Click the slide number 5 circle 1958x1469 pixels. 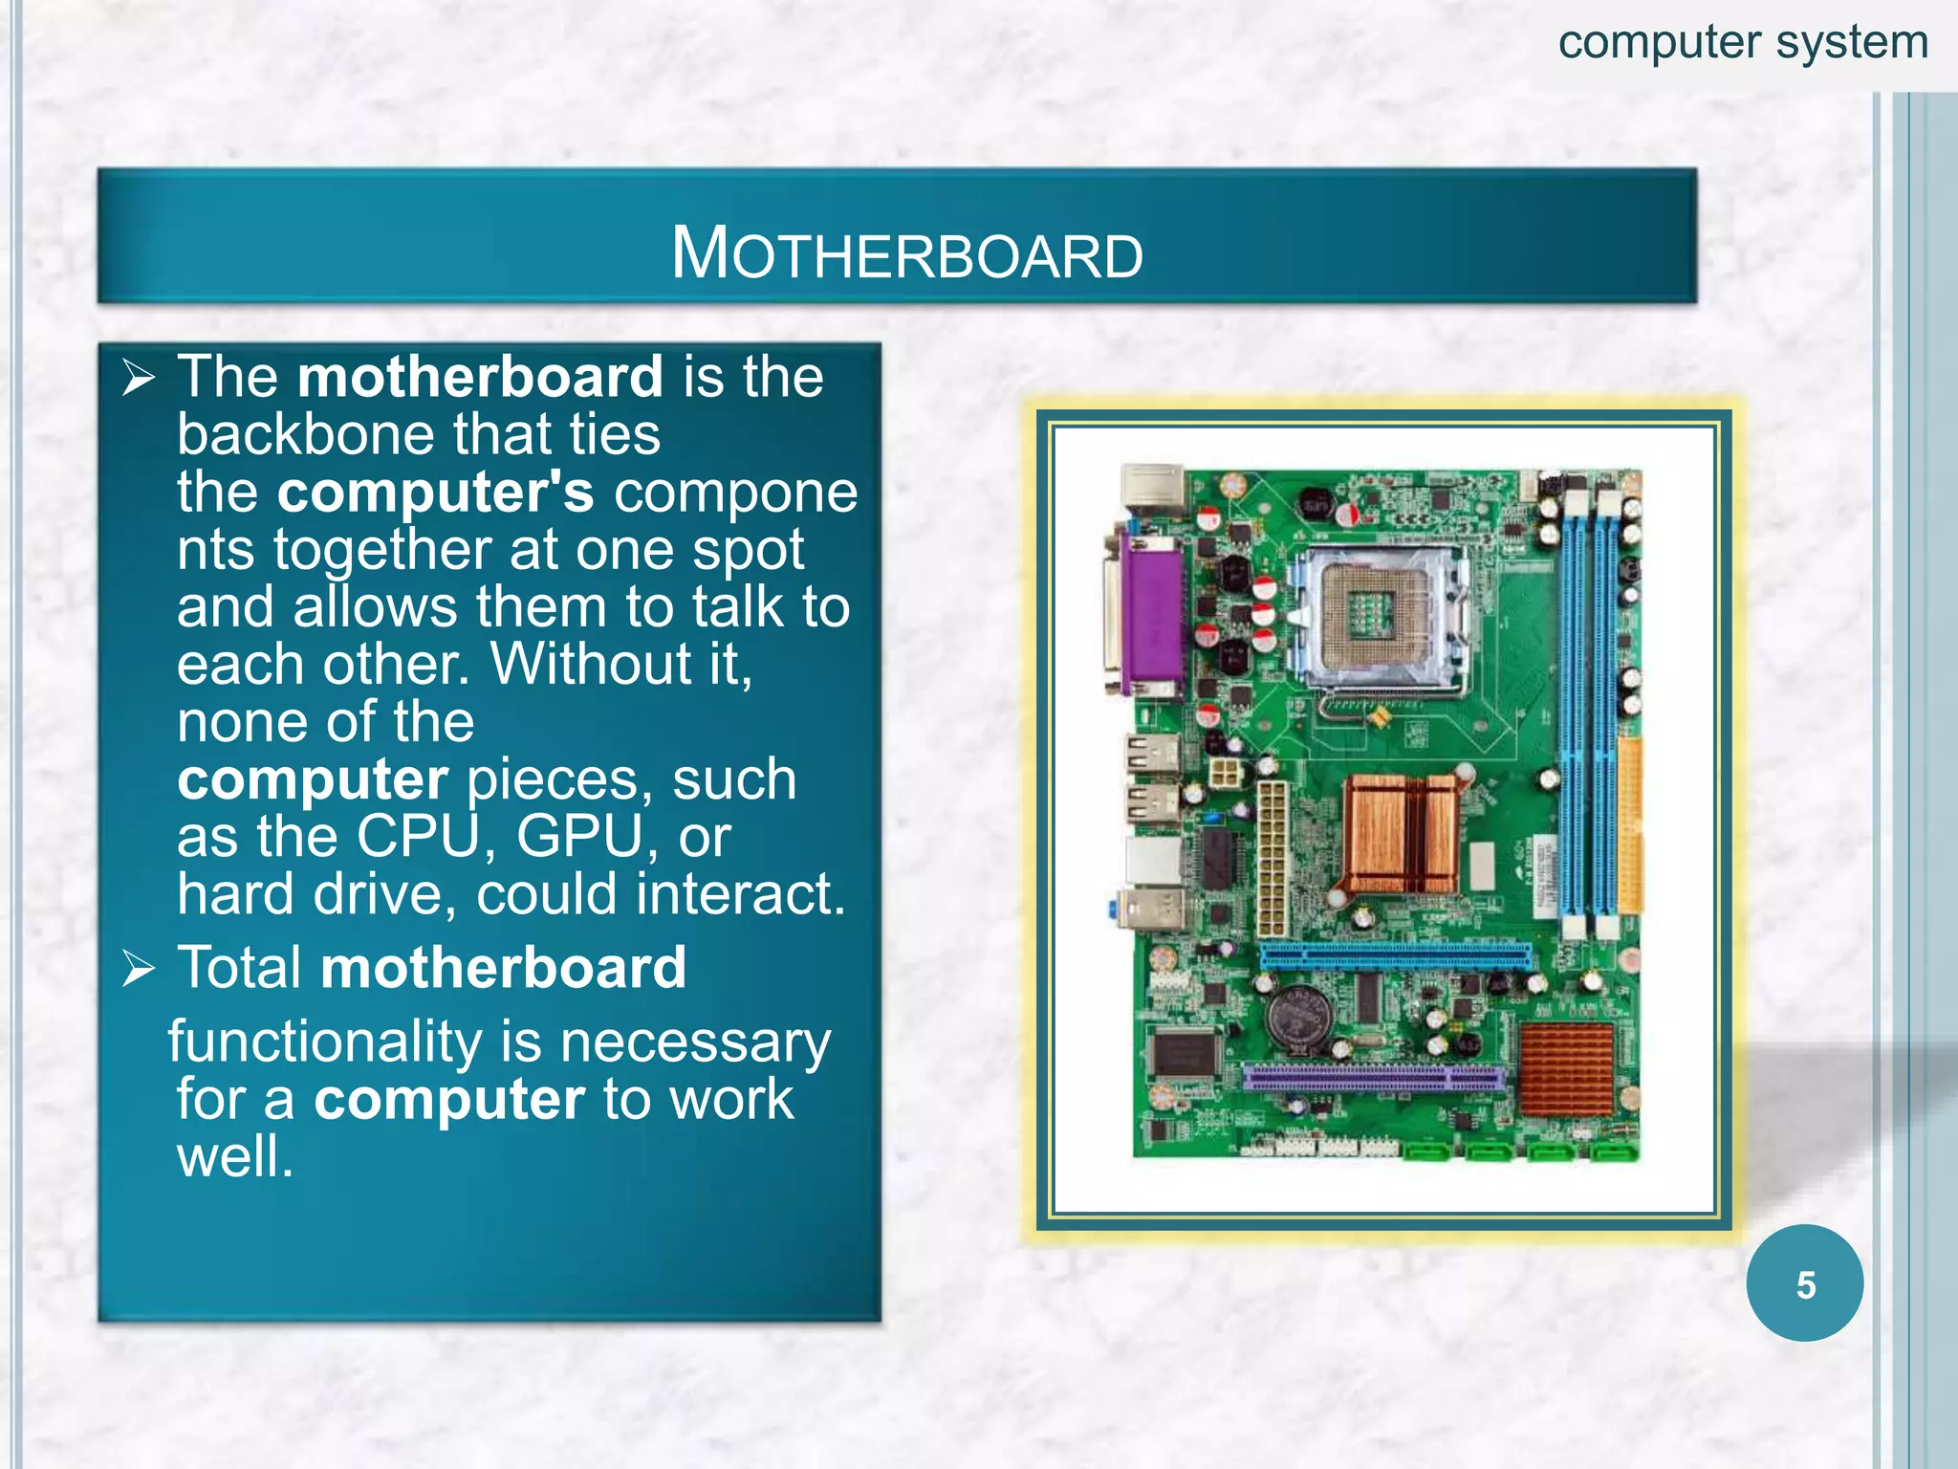[1804, 1283]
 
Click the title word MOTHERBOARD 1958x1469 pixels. [906, 254]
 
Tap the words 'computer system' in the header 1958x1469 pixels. [1743, 43]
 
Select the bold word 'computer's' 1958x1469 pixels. [435, 492]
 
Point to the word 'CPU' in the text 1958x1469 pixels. [418, 837]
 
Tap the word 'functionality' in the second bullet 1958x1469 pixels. [325, 1041]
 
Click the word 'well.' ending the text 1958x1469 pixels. [235, 1156]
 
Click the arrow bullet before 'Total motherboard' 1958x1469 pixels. [140, 969]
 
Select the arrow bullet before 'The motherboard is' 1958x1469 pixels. [140, 379]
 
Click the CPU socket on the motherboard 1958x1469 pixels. [1376, 617]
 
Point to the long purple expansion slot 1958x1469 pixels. [1374, 1079]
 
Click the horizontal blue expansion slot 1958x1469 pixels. [1395, 954]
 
